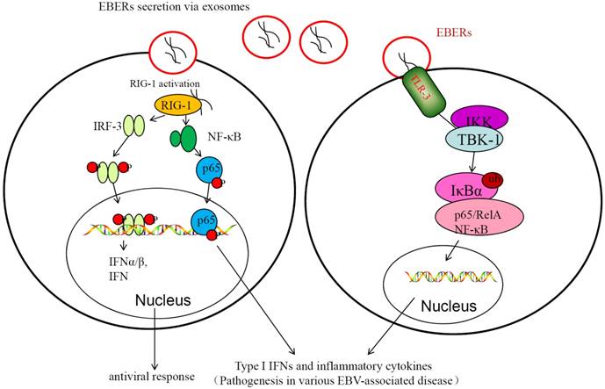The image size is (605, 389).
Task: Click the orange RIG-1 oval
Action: (176, 105)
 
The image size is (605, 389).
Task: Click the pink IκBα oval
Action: (459, 188)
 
